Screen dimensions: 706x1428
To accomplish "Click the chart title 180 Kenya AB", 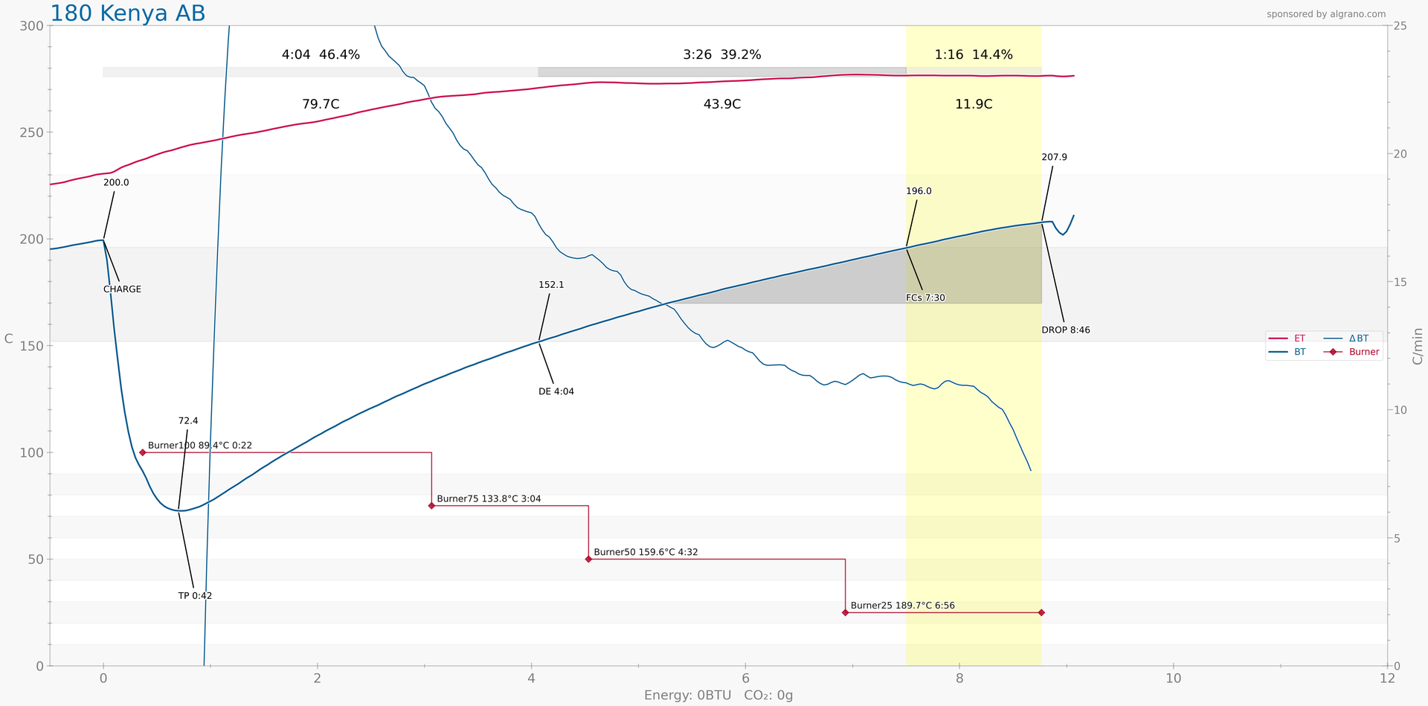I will point(127,13).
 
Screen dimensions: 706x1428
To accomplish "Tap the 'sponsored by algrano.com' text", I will point(1326,14).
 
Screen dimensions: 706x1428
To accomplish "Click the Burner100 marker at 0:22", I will point(143,452).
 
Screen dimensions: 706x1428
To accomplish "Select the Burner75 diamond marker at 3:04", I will point(431,506).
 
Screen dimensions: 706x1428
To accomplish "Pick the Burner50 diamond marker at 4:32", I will point(588,559).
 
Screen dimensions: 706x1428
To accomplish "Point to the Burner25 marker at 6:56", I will point(845,612).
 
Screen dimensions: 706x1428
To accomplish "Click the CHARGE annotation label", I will point(122,289).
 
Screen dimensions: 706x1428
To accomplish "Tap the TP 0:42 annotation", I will point(195,596).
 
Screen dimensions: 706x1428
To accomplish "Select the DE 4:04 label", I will point(556,391).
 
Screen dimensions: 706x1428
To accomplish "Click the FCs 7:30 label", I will point(925,298).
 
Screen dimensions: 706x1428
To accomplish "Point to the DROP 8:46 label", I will point(1066,330).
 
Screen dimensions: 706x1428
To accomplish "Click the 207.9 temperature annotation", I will point(1054,157).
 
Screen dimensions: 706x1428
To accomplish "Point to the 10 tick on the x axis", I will point(1173,678).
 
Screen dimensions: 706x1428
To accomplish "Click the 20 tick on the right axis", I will point(1399,154).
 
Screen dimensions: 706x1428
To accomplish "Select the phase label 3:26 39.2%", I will point(721,54).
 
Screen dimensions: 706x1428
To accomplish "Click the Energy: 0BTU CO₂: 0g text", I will point(718,696).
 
